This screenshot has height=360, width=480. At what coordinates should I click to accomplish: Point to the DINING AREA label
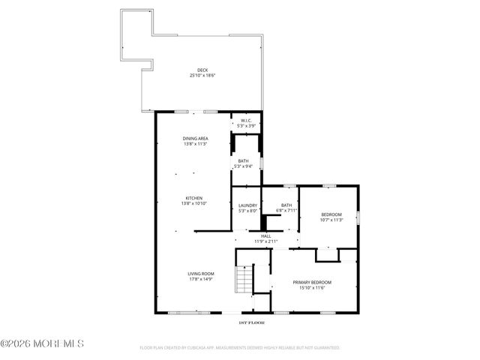[x=195, y=139]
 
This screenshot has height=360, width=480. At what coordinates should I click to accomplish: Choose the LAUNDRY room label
[x=247, y=205]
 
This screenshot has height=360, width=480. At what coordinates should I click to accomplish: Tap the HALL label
[x=265, y=236]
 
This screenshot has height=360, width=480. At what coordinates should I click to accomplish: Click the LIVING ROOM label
[x=201, y=274]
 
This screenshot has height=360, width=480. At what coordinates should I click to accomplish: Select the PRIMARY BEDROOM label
[x=312, y=282]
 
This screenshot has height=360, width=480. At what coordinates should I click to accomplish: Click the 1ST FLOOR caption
[x=251, y=322]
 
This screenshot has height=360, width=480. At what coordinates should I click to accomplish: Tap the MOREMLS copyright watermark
[x=43, y=343]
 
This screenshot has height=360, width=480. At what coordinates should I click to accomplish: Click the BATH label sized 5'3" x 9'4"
[x=244, y=161]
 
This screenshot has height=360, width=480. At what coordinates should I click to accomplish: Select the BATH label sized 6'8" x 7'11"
[x=286, y=205]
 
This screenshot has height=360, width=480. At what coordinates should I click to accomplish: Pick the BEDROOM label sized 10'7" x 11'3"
[x=331, y=214]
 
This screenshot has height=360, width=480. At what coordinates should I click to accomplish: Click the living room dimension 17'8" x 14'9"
[x=201, y=279]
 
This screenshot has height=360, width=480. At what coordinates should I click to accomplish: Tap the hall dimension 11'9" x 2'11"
[x=265, y=241]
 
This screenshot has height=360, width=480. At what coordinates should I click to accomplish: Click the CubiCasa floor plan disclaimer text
[x=240, y=348]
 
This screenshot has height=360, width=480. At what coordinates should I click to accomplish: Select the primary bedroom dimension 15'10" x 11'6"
[x=312, y=287]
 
